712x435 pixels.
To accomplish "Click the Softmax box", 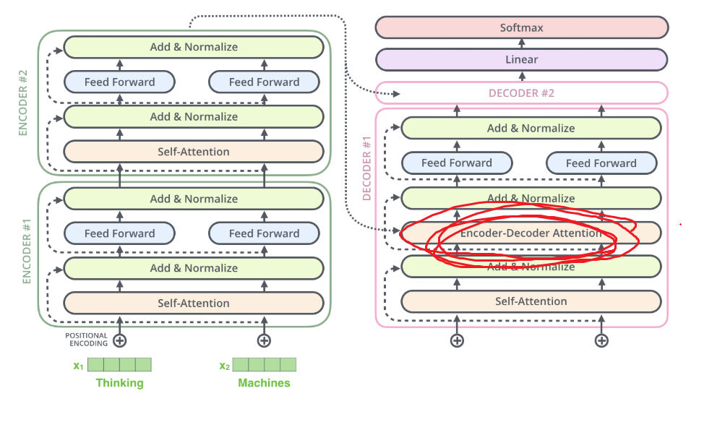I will coord(521,28).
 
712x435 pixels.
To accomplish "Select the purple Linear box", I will coord(521,59).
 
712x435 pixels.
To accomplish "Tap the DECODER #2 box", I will coord(521,93).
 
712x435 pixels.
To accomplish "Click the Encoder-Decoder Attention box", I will coord(531,233).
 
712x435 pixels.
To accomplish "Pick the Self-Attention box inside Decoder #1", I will coord(531,301).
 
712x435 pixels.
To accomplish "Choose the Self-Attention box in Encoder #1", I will coord(193,303).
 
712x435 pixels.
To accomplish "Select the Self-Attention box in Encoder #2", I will coord(193,152).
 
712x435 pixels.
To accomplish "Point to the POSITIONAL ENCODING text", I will coord(86,340).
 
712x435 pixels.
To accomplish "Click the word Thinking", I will coord(120,383).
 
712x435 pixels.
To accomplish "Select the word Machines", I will coord(264,383).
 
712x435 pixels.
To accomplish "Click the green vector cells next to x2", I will coord(264,364).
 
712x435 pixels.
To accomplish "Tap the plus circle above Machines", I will coord(264,340).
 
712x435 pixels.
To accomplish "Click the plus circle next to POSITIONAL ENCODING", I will coord(120,340).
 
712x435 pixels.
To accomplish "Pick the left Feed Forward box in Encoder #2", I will coord(120,82).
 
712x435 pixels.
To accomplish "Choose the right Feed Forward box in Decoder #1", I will coord(601,163).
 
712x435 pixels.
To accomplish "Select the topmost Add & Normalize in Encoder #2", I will coord(193,47).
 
